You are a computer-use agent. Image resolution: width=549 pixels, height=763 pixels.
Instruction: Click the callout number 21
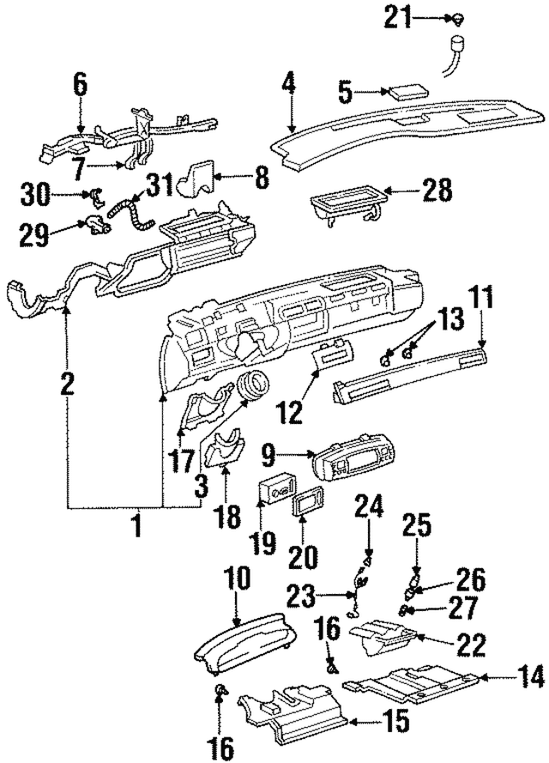coord(399,18)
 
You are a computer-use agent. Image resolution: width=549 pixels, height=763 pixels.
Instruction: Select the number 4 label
coord(289,84)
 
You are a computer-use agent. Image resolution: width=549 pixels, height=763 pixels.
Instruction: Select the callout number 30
coord(36,196)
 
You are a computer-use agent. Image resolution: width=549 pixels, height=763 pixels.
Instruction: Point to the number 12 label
coord(292,412)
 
